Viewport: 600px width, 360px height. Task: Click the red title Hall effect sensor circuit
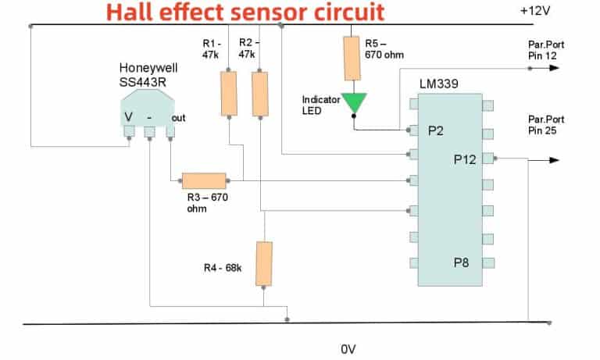pos(245,12)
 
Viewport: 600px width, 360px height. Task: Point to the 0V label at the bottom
pos(348,349)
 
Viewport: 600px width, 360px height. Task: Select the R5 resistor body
pos(352,59)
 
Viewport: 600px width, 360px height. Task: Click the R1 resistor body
pos(228,94)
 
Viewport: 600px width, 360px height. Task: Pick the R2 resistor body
pos(259,94)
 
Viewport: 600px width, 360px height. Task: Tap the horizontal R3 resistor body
pos(204,181)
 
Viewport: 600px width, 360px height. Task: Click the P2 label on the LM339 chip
pos(436,132)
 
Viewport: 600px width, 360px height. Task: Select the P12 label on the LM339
pos(465,159)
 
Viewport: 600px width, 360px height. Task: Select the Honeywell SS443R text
pos(146,76)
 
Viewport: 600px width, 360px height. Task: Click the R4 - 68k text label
pos(223,269)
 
